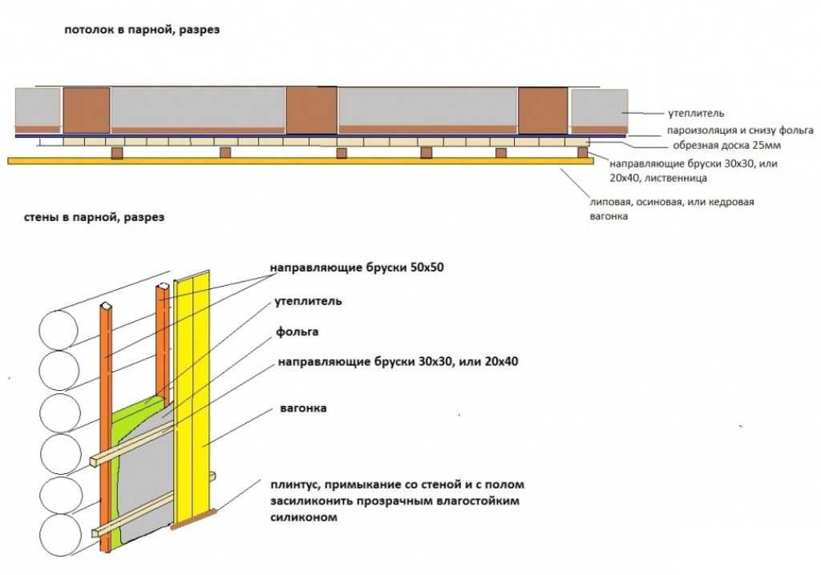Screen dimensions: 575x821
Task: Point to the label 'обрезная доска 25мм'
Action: pyautogui.click(x=722, y=146)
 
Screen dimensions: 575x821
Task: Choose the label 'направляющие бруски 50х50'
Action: pyautogui.click(x=356, y=267)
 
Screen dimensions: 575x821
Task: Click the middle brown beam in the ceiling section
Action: pyautogui.click(x=311, y=110)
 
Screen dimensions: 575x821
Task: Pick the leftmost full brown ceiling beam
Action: pyautogui.click(x=86, y=110)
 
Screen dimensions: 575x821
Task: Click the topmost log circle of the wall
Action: pyautogui.click(x=58, y=329)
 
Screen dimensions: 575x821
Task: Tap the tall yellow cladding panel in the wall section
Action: pyautogui.click(x=195, y=384)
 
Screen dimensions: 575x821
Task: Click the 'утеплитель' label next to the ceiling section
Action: pyautogui.click(x=696, y=114)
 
